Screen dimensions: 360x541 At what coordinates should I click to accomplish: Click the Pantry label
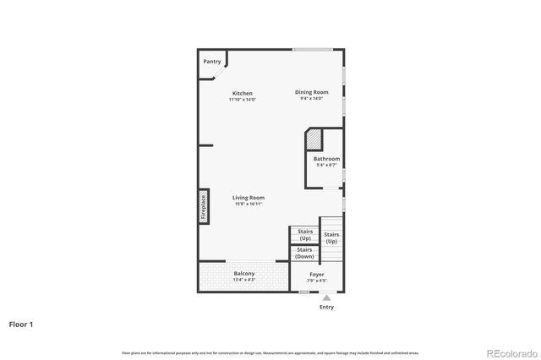[212, 62]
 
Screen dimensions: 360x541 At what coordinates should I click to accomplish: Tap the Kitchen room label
[243, 93]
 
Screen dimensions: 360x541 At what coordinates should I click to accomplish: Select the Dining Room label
[311, 92]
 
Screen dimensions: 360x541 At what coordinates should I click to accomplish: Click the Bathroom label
[326, 159]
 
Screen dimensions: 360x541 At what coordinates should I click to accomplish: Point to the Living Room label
[249, 198]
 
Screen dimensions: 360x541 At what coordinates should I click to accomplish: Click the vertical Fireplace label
[204, 206]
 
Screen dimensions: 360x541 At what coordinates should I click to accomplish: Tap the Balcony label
[243, 274]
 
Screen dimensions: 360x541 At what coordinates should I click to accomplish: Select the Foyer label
[317, 274]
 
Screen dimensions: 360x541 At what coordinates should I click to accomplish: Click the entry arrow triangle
[326, 297]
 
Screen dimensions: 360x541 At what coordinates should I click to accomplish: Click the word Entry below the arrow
[326, 307]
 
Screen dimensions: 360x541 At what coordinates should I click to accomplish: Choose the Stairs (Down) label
[304, 253]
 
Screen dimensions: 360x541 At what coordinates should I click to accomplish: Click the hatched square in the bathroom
[314, 139]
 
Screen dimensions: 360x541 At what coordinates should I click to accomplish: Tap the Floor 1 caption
[21, 324]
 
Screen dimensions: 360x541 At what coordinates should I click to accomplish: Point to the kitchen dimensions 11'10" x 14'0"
[243, 100]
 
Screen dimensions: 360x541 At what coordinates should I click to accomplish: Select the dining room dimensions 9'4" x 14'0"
[311, 99]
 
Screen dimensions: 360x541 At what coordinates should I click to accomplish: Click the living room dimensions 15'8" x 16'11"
[249, 205]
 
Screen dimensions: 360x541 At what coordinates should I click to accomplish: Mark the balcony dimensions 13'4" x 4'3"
[243, 281]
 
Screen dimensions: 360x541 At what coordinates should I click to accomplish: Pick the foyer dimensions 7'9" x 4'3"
[317, 281]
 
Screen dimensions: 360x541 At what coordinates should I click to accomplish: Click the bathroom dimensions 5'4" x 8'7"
[326, 166]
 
